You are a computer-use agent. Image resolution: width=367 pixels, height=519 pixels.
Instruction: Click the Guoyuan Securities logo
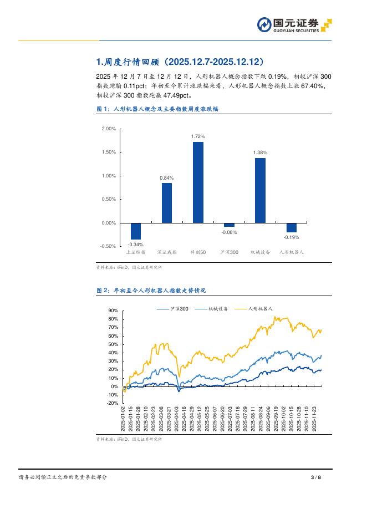click(x=294, y=26)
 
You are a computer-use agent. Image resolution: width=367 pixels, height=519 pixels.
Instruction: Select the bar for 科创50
click(x=198, y=182)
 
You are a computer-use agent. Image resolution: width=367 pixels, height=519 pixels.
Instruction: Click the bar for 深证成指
click(x=167, y=203)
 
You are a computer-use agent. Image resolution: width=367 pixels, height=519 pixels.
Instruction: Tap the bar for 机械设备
click(x=260, y=190)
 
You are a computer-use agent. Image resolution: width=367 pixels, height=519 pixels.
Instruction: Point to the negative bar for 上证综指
click(x=136, y=231)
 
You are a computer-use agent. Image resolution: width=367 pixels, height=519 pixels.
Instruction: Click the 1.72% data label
click(x=198, y=136)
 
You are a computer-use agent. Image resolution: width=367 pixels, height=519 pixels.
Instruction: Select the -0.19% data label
click(x=291, y=237)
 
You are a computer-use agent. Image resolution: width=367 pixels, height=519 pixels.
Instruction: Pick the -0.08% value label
click(x=229, y=232)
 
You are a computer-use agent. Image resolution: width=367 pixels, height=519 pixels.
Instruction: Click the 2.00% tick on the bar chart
click(x=109, y=129)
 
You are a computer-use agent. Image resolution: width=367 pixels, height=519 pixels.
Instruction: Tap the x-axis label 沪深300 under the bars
click(x=229, y=252)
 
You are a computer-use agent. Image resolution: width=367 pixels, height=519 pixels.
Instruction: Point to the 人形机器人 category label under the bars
click(x=291, y=252)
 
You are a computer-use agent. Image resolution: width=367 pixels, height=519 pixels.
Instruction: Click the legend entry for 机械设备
click(x=218, y=308)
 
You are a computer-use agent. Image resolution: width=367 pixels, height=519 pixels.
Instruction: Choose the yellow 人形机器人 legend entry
click(x=259, y=308)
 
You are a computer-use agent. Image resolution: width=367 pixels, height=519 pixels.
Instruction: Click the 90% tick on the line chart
click(x=114, y=311)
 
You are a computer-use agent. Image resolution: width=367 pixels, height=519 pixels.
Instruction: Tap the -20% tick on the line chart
click(x=113, y=404)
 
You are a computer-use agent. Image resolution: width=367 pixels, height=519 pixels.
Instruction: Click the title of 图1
click(x=157, y=110)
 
